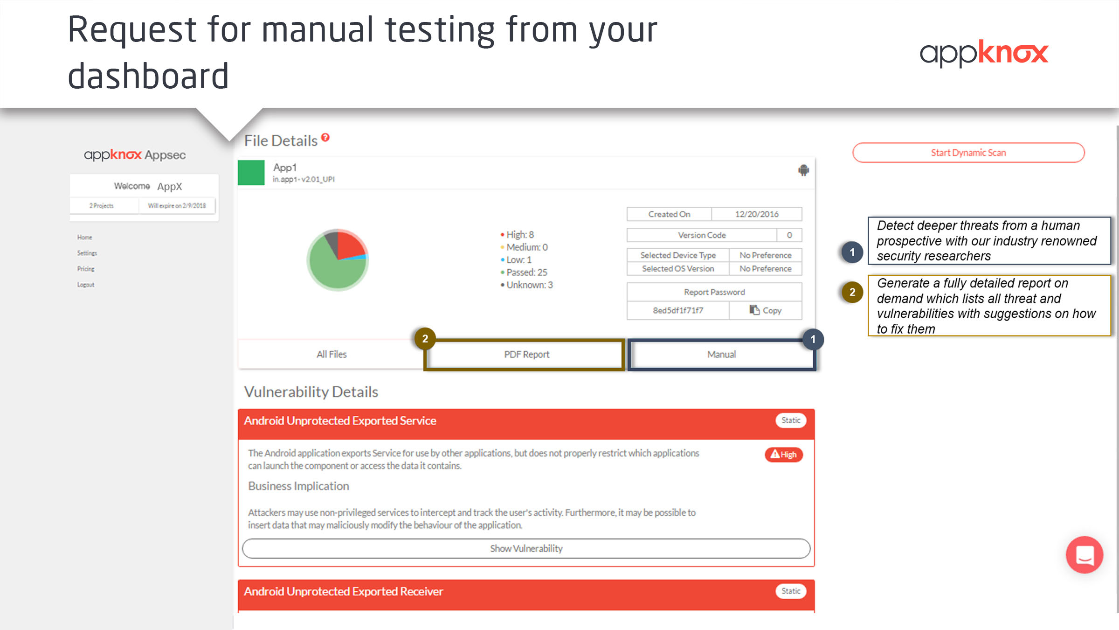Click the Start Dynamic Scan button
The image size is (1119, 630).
pos(968,153)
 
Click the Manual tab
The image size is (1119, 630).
pos(722,355)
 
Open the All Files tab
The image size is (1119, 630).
pos(332,355)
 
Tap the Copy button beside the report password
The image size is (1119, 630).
pos(766,310)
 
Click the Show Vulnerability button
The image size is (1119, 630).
pos(526,548)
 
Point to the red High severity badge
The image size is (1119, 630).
pos(784,455)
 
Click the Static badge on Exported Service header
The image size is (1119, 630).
pos(791,420)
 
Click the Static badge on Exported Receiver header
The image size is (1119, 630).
pos(791,591)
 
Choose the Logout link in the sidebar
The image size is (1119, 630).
pos(86,285)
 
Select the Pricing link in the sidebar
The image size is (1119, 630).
pos(86,269)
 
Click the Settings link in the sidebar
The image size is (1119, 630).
pos(87,253)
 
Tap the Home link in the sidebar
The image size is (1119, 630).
pos(85,237)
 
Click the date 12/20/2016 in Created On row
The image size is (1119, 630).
pos(757,214)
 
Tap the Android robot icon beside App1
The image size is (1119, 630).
pos(803,170)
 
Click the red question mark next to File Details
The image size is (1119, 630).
pos(325,137)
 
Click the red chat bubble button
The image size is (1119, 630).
pos(1084,555)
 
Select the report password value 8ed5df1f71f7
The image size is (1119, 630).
pos(678,310)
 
